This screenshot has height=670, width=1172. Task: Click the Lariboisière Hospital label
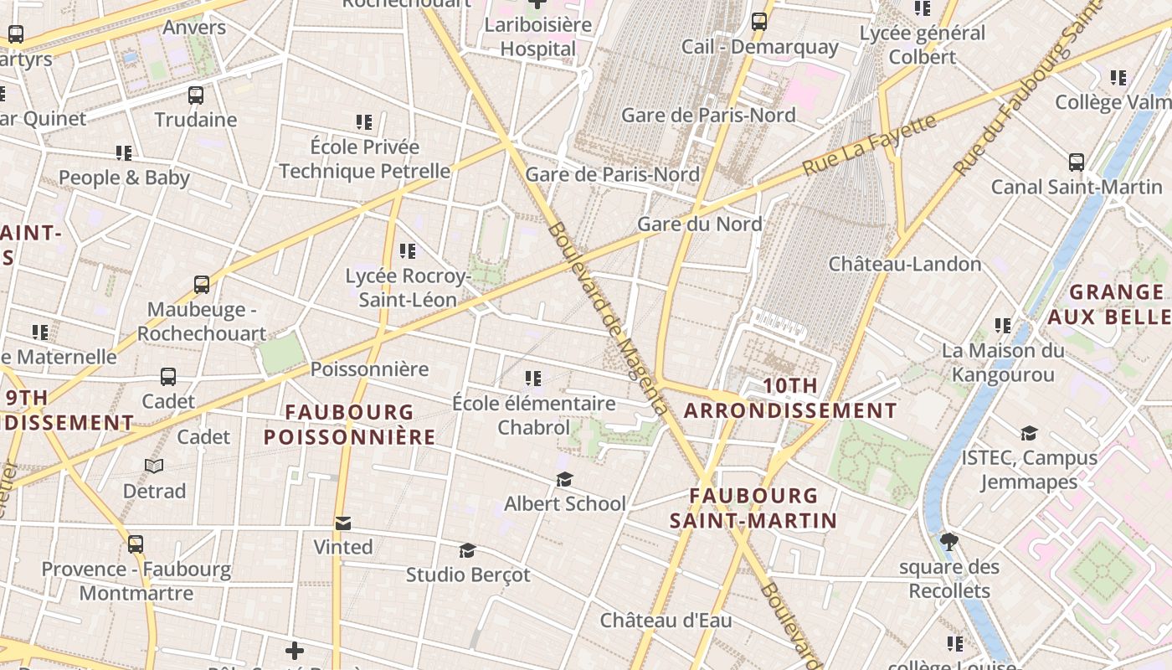(x=537, y=37)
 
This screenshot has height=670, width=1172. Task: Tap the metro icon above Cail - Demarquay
(x=759, y=22)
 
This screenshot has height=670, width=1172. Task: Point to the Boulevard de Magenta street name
(x=609, y=318)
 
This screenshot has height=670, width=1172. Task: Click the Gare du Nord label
(x=699, y=224)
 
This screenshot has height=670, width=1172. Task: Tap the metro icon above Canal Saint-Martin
(x=1077, y=162)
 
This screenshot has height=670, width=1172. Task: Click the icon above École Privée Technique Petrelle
(x=364, y=122)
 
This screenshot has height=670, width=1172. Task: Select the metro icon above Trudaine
(x=196, y=95)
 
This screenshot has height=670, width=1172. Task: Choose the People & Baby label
(x=124, y=178)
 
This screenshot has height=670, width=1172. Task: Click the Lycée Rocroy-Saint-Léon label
(x=408, y=287)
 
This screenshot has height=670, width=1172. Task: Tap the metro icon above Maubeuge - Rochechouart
(x=202, y=285)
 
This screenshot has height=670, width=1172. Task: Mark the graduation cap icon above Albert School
(x=565, y=479)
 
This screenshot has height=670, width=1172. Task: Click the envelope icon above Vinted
(x=343, y=523)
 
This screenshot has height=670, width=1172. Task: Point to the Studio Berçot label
(x=468, y=575)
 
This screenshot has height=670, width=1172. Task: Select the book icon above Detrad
(x=154, y=466)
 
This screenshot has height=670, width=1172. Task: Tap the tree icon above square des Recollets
(x=949, y=542)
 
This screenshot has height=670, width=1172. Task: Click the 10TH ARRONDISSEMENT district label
(x=790, y=398)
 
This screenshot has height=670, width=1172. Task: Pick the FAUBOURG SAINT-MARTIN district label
(x=753, y=508)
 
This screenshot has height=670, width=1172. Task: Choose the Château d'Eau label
(x=666, y=621)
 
